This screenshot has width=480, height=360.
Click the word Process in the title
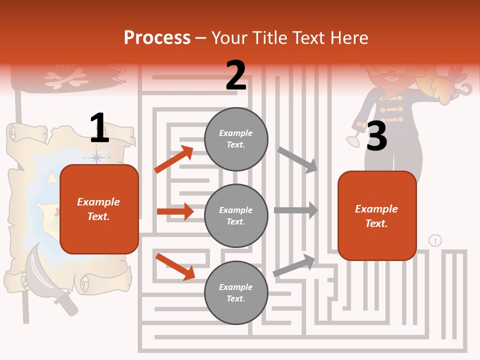click(157, 38)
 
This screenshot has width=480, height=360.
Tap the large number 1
click(99, 128)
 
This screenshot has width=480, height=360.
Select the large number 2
click(236, 75)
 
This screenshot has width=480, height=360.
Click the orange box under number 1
click(99, 209)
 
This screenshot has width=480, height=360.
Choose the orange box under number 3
click(377, 216)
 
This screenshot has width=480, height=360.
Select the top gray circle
click(236, 139)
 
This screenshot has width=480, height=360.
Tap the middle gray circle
click(236, 215)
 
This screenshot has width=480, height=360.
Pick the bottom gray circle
click(236, 292)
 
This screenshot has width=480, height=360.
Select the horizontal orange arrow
click(175, 211)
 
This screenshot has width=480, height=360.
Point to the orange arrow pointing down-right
click(175, 266)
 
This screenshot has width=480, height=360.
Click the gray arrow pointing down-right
click(297, 159)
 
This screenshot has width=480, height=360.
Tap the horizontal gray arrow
click(296, 210)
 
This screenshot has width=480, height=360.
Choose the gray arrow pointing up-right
click(294, 265)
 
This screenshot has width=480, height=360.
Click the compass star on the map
click(97, 157)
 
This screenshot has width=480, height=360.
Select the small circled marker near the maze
click(435, 240)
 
